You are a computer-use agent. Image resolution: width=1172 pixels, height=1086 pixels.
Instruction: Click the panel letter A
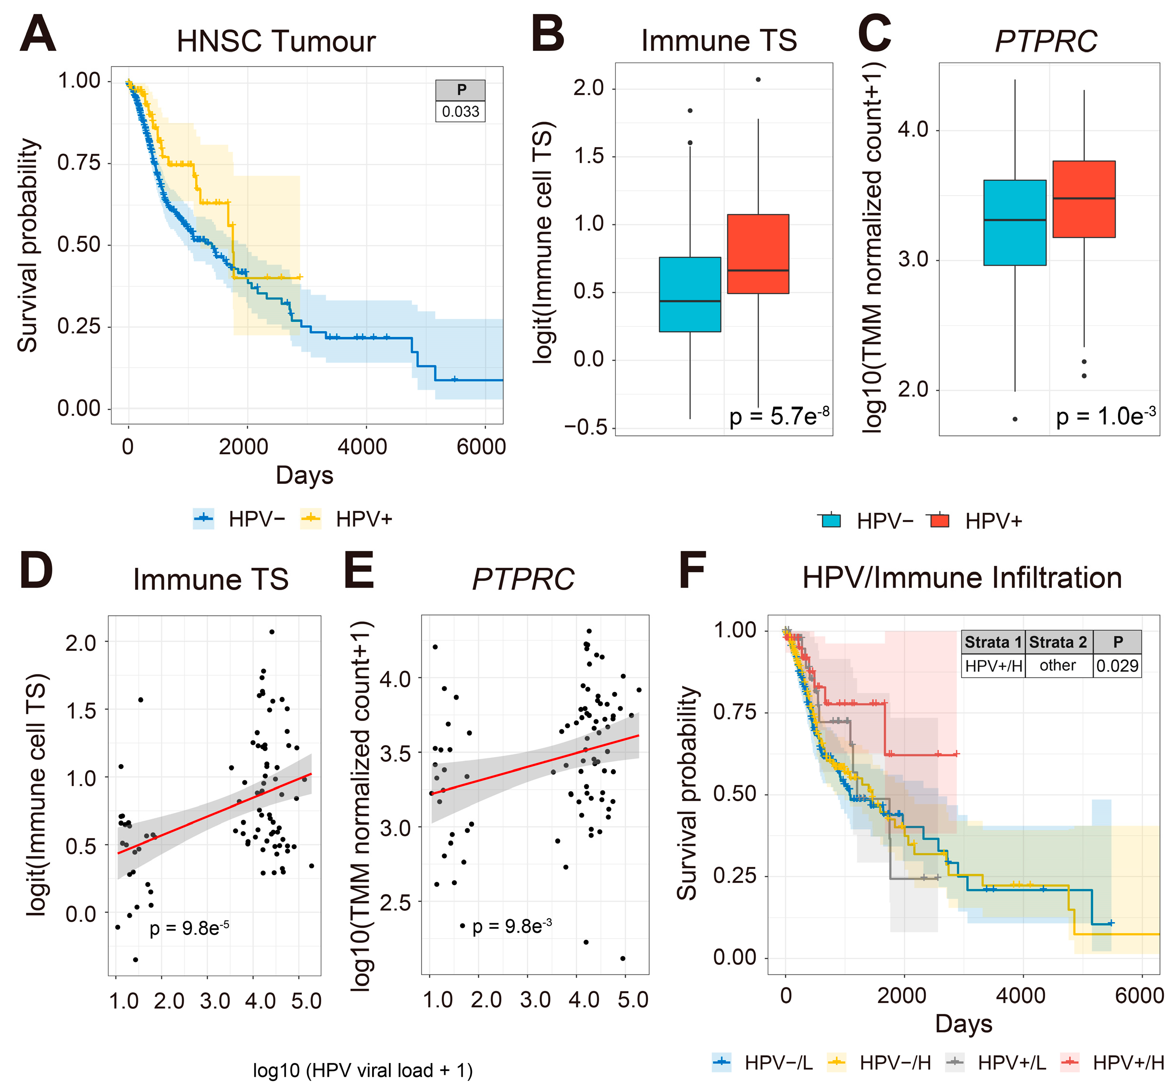tap(37, 35)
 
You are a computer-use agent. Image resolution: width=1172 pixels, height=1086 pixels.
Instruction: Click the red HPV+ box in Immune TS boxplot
tap(758, 253)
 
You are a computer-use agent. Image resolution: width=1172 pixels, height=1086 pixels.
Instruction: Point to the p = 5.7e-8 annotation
tap(779, 416)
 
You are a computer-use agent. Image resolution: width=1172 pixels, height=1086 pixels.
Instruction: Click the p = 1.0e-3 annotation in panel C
tap(1106, 416)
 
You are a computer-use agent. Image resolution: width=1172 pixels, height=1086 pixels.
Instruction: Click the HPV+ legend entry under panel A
tap(347, 519)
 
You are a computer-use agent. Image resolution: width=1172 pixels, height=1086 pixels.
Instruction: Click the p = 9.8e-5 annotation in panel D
tap(188, 928)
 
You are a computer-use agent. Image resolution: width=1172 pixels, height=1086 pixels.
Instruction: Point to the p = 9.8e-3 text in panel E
tap(511, 926)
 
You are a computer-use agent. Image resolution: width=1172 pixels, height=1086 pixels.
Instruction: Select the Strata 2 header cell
tap(1058, 642)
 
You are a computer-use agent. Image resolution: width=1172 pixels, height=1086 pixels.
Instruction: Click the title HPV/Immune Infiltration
tap(962, 578)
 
